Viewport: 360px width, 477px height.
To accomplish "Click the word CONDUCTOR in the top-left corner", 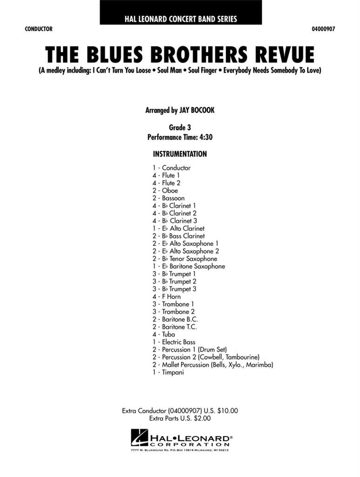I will [39, 29].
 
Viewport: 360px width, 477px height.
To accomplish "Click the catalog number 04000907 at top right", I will [323, 29].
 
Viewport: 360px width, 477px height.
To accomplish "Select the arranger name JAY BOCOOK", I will [198, 111].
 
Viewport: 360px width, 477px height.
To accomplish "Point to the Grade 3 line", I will [180, 127].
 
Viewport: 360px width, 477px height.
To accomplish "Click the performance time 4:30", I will [205, 137].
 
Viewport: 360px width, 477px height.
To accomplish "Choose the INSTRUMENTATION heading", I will [180, 154].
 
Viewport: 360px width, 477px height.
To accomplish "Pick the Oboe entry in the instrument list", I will [170, 191].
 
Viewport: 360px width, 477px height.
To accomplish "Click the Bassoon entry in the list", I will [173, 198].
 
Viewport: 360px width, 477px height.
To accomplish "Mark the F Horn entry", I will [171, 296].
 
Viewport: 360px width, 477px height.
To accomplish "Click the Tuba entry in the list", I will [169, 334].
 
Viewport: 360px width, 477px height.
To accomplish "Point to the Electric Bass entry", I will [178, 342].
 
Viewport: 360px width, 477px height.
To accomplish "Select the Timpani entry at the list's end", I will [173, 372].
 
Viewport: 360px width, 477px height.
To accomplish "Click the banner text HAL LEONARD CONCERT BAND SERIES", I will [180, 19].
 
